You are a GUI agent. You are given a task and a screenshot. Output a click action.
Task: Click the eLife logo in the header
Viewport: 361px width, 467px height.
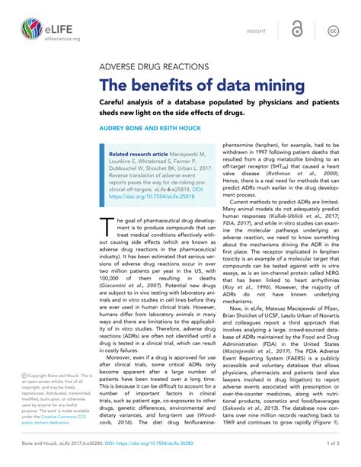point(30,30)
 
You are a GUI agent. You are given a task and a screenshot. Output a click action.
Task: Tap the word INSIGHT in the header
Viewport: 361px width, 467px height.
point(257,31)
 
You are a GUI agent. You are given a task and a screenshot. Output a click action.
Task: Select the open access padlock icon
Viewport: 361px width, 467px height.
point(296,30)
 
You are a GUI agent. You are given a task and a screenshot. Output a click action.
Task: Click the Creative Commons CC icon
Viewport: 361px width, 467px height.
point(333,31)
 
